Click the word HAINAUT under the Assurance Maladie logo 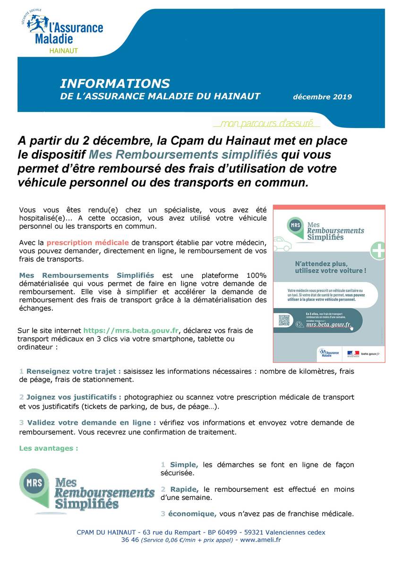(64, 50)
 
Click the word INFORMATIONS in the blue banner (115, 84)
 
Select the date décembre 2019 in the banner (322, 97)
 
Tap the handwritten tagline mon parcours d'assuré (267, 124)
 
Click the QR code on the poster (283, 320)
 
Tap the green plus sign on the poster (378, 250)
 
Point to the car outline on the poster (282, 244)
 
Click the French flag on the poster (353, 352)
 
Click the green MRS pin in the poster (295, 224)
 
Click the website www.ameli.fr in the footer (260, 540)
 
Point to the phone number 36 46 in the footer (130, 540)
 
